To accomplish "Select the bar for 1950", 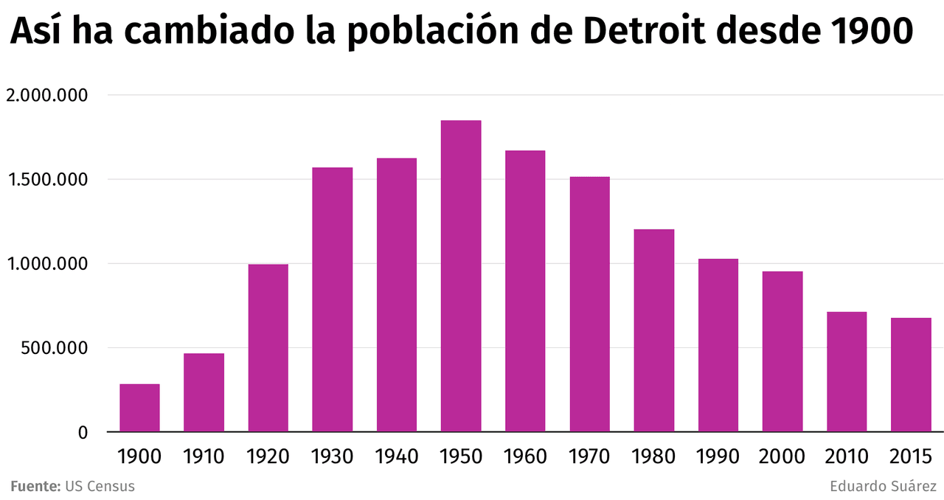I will [461, 276].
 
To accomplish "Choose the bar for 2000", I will [782, 352].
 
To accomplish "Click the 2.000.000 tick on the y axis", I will [46, 95].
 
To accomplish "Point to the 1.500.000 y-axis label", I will [46, 179].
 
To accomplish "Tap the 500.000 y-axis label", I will [52, 348].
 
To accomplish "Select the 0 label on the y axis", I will [83, 433].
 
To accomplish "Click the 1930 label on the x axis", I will [332, 456].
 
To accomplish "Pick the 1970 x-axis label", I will [589, 456].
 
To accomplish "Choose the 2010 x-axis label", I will [847, 456].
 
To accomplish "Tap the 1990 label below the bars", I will [718, 456].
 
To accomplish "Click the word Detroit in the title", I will [644, 31].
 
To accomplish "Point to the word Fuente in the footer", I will [35, 487].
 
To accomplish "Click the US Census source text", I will [100, 487].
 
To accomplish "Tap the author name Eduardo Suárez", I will [883, 487].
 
